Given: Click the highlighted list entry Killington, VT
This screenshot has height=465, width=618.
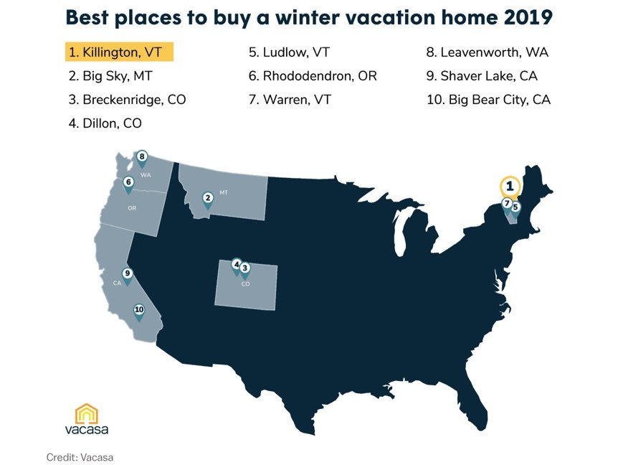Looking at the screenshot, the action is point(119,52).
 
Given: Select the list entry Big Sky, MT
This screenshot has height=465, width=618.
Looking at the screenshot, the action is point(110,76).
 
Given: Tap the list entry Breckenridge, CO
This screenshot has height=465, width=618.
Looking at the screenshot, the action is point(127,100).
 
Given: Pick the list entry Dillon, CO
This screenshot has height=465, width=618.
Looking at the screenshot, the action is point(105,123).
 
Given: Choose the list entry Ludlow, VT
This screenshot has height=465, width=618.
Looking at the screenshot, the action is point(289,52).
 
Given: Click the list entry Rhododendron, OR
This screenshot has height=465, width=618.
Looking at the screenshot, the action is point(313,76).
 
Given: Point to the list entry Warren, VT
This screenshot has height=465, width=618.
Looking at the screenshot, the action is point(290,100).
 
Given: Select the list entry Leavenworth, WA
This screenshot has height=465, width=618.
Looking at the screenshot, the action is point(487,52).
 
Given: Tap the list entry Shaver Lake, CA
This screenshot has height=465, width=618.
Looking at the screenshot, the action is point(482,76).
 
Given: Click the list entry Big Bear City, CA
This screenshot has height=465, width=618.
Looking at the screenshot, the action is point(488,100).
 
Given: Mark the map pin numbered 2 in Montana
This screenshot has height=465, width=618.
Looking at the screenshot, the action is point(208,200).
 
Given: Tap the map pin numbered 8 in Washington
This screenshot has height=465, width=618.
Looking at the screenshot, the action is point(142,159).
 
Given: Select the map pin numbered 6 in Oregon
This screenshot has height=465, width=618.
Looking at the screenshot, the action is point(128,184).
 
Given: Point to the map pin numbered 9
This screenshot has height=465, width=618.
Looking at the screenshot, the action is point(127,276).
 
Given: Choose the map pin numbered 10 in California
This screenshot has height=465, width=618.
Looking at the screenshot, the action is point(139,311).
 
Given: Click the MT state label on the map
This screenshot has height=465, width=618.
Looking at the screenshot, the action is point(224,192).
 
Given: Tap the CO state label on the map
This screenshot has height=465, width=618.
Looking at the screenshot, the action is point(245,284).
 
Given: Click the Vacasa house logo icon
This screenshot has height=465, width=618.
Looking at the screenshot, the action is point(86,413).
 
